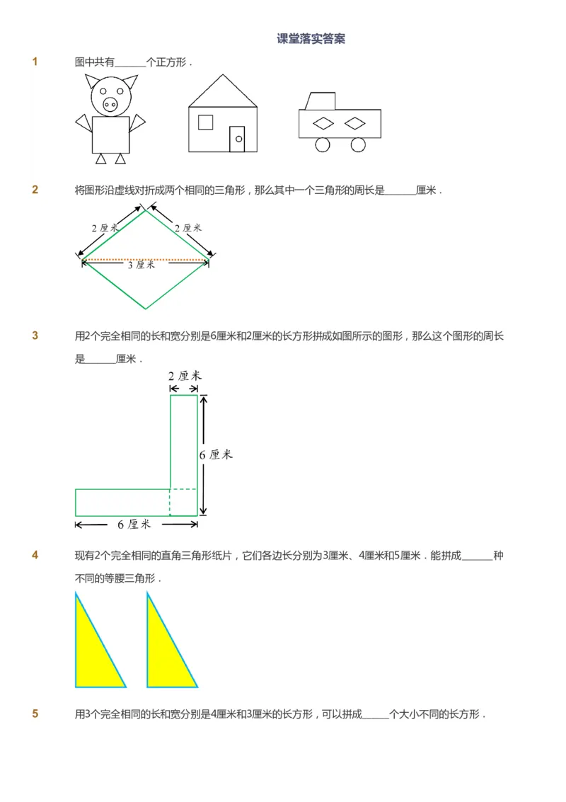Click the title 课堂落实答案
pos(311,39)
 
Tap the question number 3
pos(35,336)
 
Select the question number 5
pos(35,714)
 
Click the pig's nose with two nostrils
pos(110,105)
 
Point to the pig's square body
pos(111,134)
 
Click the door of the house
pos(237,139)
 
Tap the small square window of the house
pos(205,122)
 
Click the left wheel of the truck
pos(323,144)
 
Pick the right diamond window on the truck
pos(355,124)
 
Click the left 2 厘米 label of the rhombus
pos(105,228)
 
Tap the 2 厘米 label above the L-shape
pos(185,376)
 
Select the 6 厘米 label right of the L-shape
pos(216,455)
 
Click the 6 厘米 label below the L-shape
pos(134,525)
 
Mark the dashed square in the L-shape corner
pos(183,502)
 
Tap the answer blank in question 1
pos(129,62)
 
